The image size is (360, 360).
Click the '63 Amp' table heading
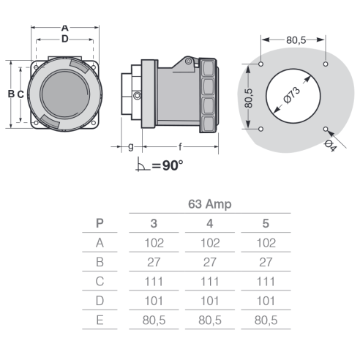(x=210, y=204)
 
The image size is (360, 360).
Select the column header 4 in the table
(x=210, y=223)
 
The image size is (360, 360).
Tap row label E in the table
(x=100, y=320)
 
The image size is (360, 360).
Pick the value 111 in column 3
(x=154, y=282)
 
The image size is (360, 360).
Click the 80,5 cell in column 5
(x=266, y=320)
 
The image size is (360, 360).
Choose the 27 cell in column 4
(x=210, y=262)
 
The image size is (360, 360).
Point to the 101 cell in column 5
(x=266, y=301)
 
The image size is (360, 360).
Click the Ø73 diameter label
(x=292, y=95)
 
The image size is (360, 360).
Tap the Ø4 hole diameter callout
(x=331, y=146)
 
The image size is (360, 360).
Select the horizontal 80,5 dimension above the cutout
(x=296, y=40)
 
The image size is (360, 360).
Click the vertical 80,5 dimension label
(x=249, y=98)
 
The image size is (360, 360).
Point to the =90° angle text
(x=168, y=165)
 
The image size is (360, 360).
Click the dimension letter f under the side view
(x=180, y=147)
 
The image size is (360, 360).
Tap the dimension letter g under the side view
(x=131, y=147)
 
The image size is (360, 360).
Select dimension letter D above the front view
(x=65, y=39)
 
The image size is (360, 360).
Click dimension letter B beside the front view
(x=11, y=94)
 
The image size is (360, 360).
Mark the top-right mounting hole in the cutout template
(x=326, y=64)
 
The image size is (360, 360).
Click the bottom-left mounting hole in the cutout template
(x=260, y=129)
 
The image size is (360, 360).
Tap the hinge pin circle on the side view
(x=188, y=61)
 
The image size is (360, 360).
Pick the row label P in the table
(x=100, y=223)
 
